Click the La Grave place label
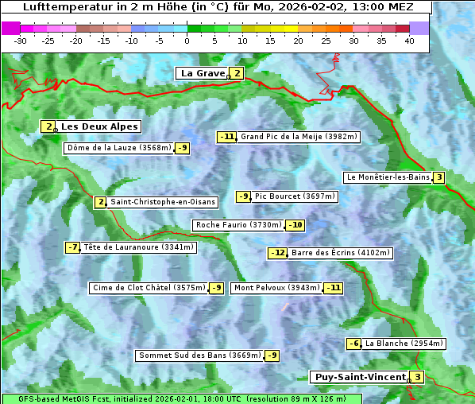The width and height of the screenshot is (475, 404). (x=203, y=73)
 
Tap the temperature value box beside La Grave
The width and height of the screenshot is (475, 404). (x=237, y=73)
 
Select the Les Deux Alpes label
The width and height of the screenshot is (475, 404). (x=100, y=126)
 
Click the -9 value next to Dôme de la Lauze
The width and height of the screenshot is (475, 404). (x=183, y=148)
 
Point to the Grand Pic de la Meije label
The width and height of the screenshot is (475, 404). (x=299, y=137)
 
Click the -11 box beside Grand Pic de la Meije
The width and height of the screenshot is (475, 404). (x=227, y=137)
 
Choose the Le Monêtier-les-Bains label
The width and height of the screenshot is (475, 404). (x=388, y=177)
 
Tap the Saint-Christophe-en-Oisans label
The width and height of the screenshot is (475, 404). (x=162, y=202)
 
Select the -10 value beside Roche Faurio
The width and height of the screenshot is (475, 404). (x=295, y=225)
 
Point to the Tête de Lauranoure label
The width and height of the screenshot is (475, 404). (x=138, y=247)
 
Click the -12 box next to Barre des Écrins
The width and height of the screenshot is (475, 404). (x=277, y=253)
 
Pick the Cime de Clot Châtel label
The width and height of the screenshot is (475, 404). (x=149, y=288)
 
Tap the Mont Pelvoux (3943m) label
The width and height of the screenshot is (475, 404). (x=276, y=288)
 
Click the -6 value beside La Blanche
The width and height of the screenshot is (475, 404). (x=353, y=344)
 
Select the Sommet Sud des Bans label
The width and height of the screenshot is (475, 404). (x=199, y=355)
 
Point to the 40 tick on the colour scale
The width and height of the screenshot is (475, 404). (x=409, y=41)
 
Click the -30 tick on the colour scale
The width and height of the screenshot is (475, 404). (x=21, y=41)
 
